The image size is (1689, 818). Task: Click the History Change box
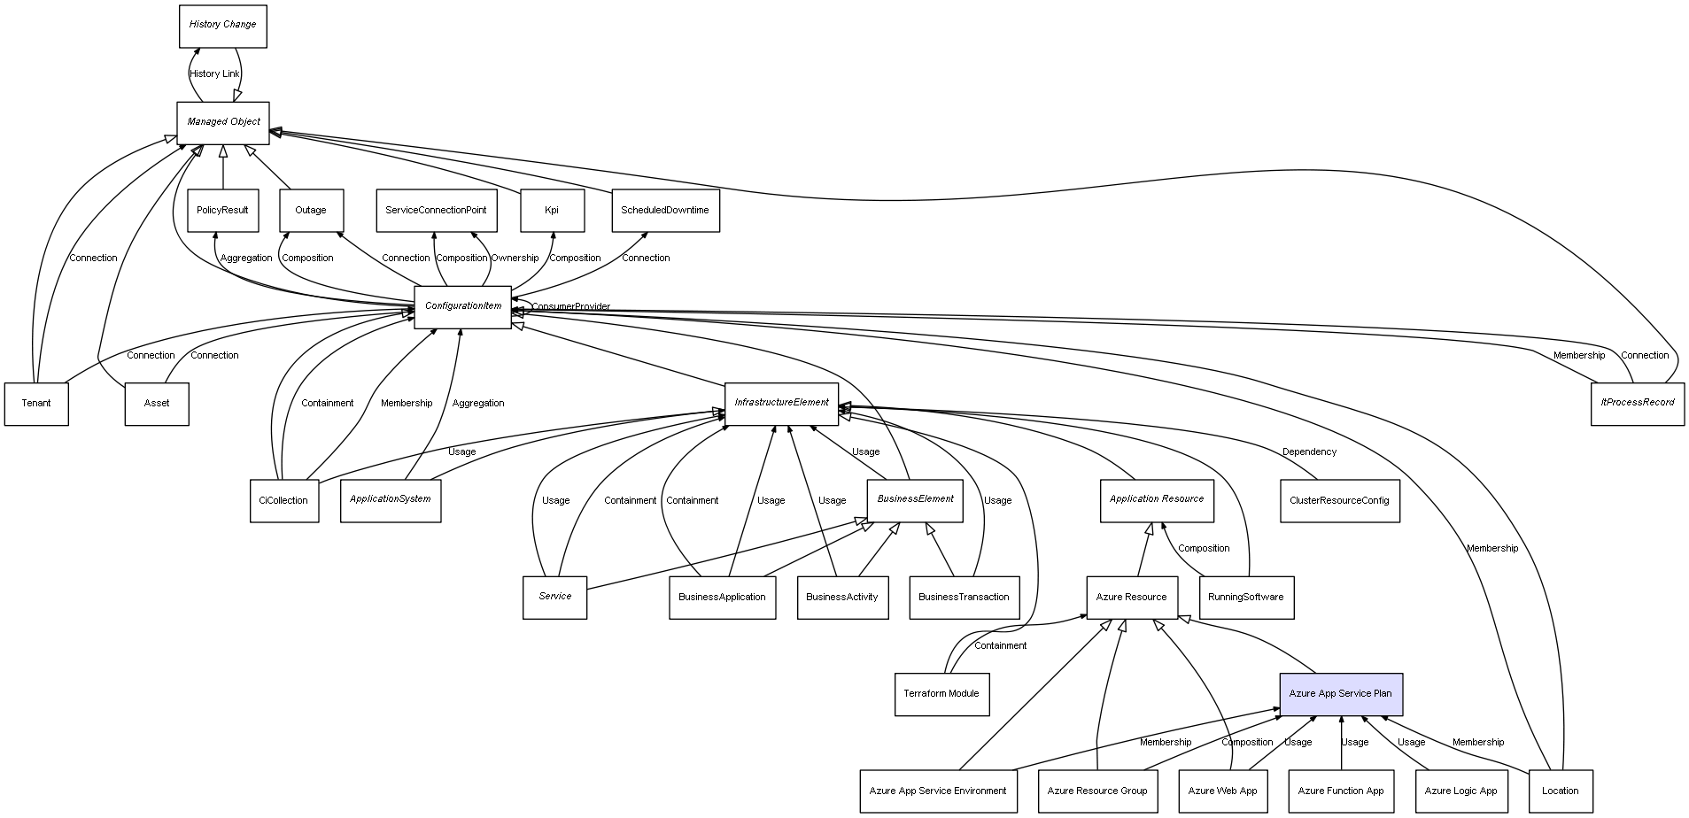222,26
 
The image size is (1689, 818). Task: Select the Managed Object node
223,122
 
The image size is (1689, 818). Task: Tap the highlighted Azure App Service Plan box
1340,694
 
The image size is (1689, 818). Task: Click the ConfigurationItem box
462,307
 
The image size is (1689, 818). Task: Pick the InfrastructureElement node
781,404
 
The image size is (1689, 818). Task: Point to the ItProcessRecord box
1637,404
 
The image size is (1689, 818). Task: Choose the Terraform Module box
941,694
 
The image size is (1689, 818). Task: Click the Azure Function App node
1340,791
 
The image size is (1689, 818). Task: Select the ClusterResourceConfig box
1339,501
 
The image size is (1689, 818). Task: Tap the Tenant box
36,404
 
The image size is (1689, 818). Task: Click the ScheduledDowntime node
664,211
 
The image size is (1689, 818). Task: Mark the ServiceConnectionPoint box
436,211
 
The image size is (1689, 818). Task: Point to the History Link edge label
214,74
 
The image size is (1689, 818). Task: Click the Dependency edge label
1309,452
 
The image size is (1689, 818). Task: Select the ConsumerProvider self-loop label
570,307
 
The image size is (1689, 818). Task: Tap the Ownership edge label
515,259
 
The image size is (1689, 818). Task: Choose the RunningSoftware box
1245,598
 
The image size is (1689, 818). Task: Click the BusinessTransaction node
964,598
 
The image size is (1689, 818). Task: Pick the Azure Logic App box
1460,791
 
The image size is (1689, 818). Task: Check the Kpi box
552,211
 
